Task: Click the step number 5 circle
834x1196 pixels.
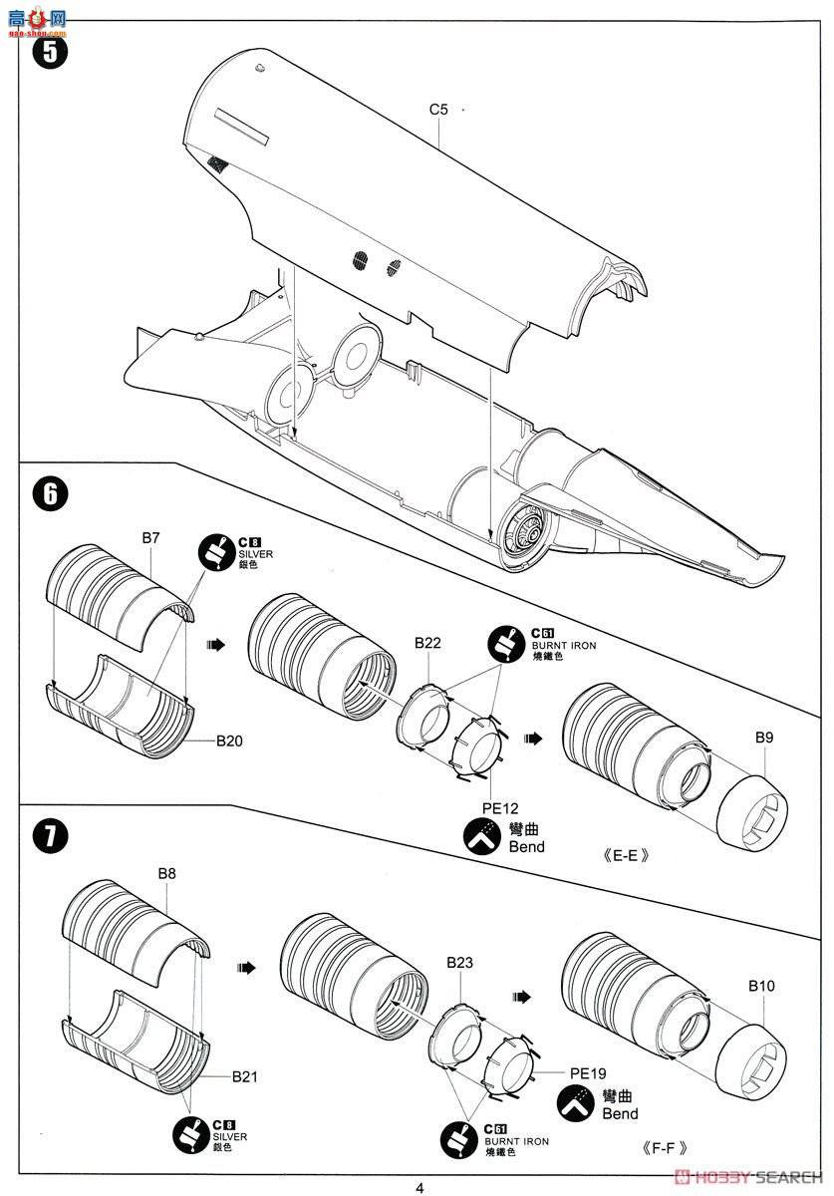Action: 49,52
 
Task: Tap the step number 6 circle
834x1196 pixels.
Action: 49,493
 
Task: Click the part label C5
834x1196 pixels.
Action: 439,110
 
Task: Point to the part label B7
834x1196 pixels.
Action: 150,538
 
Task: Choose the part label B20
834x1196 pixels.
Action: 228,741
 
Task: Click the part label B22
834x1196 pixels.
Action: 427,643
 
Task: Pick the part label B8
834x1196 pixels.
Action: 166,873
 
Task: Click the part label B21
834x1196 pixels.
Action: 244,1076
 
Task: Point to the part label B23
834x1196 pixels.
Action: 459,963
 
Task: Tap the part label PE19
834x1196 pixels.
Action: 589,1074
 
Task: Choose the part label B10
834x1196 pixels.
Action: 761,986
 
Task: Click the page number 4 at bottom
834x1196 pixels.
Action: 419,1187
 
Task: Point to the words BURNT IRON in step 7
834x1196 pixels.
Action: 515,1140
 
